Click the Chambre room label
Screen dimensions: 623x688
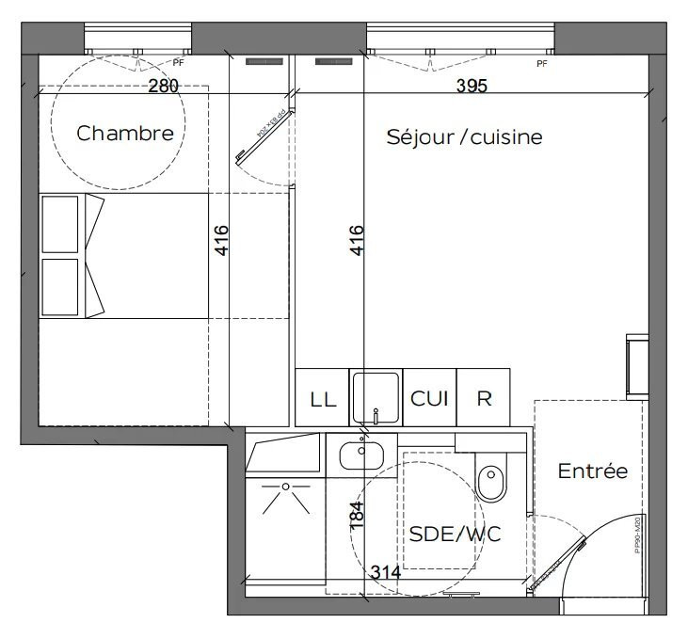point(125,134)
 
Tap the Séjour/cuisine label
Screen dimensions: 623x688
point(464,137)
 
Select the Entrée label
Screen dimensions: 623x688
point(592,471)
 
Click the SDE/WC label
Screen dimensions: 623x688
point(455,534)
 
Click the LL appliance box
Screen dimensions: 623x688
point(322,398)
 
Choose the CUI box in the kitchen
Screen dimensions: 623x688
point(428,397)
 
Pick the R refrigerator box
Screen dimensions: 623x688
point(484,398)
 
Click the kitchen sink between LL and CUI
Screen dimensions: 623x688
point(376,396)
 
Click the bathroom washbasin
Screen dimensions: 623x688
point(362,454)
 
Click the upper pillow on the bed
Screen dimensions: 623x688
point(60,224)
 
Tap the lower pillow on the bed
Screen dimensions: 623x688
point(60,287)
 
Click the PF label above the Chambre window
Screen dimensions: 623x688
point(177,63)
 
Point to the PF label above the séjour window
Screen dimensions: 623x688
point(541,64)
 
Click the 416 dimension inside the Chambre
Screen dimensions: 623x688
point(222,242)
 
